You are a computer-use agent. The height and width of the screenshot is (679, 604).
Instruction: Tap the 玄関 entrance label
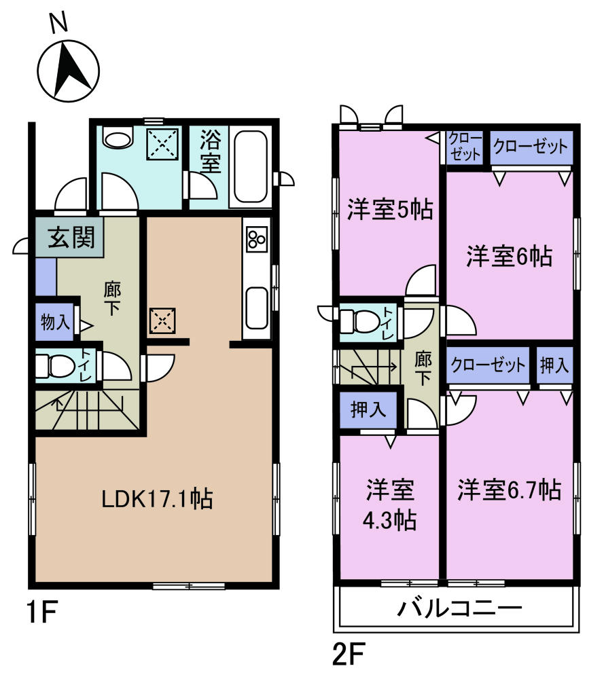pos(70,238)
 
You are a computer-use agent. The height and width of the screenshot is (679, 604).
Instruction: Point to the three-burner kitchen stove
pos(257,240)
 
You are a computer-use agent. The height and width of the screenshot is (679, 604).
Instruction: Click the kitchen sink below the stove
pos(257,307)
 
